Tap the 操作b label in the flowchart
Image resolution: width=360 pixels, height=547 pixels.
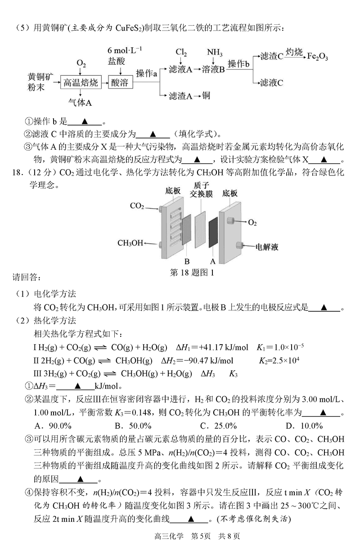click(238, 64)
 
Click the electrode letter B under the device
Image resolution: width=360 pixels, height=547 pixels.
click(187, 261)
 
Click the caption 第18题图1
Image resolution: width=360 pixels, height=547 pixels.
click(192, 272)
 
